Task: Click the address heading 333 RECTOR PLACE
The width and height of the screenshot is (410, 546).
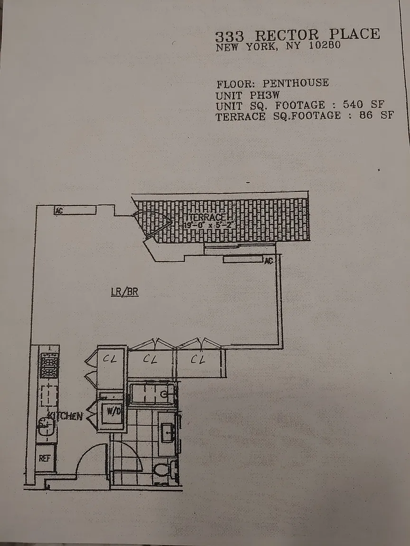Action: pyautogui.click(x=298, y=35)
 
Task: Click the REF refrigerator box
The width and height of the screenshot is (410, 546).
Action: pyautogui.click(x=45, y=458)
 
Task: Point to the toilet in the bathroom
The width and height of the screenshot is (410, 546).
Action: pyautogui.click(x=162, y=469)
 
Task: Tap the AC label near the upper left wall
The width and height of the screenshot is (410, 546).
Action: pyautogui.click(x=59, y=211)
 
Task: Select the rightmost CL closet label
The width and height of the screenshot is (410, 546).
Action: pyautogui.click(x=198, y=360)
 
